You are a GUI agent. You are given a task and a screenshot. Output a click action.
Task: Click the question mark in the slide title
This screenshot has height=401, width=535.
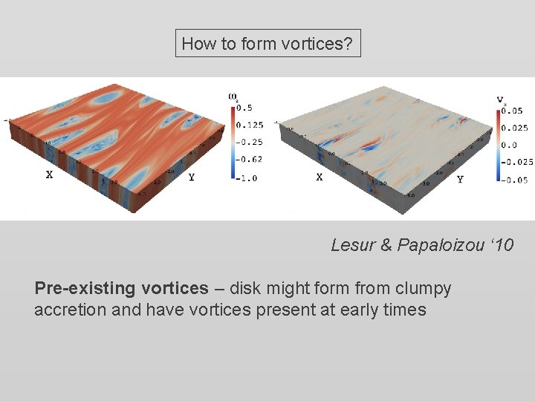click(x=348, y=44)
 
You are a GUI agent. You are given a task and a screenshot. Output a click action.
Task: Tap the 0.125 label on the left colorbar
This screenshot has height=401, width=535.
click(x=249, y=125)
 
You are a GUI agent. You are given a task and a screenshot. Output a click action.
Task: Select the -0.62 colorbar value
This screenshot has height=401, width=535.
click(x=249, y=159)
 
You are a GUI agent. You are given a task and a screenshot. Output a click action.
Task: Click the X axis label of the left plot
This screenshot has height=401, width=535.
click(x=50, y=175)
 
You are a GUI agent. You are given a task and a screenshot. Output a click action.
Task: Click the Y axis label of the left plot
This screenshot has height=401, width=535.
click(x=192, y=177)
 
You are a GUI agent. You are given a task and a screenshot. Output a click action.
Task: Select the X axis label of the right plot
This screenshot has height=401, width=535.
click(x=319, y=177)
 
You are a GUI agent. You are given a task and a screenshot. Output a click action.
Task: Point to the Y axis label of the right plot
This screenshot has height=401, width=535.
click(x=460, y=180)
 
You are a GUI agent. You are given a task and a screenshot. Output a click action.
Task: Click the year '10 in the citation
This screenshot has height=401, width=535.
click(x=501, y=245)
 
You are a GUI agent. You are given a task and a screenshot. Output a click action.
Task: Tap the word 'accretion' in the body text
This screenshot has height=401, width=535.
click(x=66, y=310)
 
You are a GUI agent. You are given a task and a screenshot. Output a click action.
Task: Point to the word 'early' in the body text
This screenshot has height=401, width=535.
click(x=360, y=310)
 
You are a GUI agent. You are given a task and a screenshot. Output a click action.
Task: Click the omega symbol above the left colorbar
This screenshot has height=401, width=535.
click(x=233, y=96)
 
